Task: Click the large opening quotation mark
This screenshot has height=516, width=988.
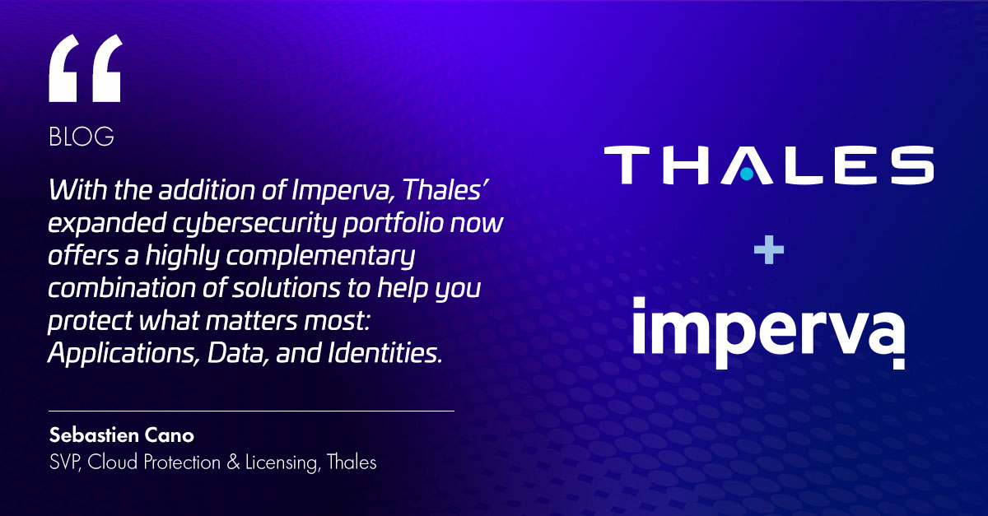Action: [85, 71]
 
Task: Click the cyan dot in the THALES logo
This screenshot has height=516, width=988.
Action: [746, 174]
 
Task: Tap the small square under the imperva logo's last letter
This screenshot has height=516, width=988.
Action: [899, 365]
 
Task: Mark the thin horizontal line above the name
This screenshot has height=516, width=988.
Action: [251, 410]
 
